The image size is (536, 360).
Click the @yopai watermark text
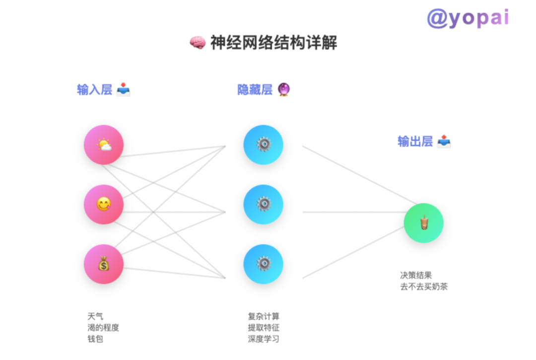pyautogui.click(x=468, y=18)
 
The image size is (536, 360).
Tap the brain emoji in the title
pyautogui.click(x=198, y=43)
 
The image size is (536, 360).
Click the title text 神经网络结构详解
pyautogui.click(x=273, y=43)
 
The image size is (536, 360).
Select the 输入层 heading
pyautogui.click(x=95, y=90)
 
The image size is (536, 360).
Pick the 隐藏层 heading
pyautogui.click(x=255, y=90)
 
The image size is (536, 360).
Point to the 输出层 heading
pyautogui.click(x=415, y=142)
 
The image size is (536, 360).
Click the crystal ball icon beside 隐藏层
pyautogui.click(x=284, y=90)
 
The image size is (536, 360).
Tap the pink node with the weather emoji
pyautogui.click(x=104, y=145)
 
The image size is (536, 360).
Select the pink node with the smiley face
pyautogui.click(x=104, y=204)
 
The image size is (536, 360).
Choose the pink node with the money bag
pyautogui.click(x=104, y=264)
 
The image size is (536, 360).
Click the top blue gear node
pyautogui.click(x=263, y=145)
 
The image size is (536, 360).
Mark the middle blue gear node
pyautogui.click(x=263, y=204)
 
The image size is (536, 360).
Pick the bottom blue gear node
pyautogui.click(x=263, y=264)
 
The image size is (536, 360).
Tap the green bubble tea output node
pyautogui.click(x=423, y=223)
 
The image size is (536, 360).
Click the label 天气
pyautogui.click(x=95, y=316)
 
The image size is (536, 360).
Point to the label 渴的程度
pyautogui.click(x=103, y=328)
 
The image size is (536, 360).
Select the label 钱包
pyautogui.click(x=95, y=339)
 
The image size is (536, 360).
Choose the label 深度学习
pyautogui.click(x=264, y=339)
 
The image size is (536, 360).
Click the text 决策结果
pyautogui.click(x=416, y=275)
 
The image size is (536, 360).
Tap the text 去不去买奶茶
pyautogui.click(x=424, y=287)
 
